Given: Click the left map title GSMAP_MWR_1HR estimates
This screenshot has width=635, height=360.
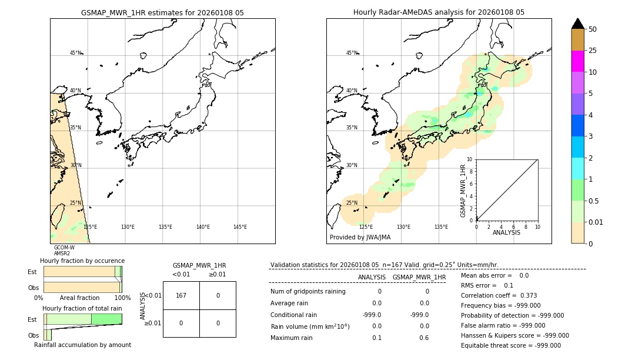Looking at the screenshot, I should [x=162, y=12].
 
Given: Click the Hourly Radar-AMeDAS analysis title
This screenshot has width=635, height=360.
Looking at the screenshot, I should [x=439, y=12].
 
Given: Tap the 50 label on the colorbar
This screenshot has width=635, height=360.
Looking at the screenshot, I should [x=593, y=29].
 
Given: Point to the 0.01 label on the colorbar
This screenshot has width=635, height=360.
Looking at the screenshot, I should [x=596, y=222].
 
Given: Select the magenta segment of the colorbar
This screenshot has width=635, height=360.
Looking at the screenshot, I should [x=577, y=61].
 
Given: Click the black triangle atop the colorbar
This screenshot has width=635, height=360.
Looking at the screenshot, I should [x=577, y=24].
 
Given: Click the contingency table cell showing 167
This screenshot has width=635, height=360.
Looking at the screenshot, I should [x=181, y=295].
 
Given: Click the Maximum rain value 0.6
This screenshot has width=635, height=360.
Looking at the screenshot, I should [x=424, y=338].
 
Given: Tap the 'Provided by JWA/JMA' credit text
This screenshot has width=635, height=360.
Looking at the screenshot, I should [x=360, y=238].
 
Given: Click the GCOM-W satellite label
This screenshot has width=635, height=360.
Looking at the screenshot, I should [x=64, y=248].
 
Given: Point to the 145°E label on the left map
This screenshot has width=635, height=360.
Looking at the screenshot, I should [x=240, y=227].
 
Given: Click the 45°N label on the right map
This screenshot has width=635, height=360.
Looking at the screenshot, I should [x=352, y=53].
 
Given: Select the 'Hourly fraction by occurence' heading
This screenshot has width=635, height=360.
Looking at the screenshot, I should [x=82, y=261].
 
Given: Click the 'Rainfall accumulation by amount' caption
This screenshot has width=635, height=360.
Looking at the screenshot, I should [x=82, y=345].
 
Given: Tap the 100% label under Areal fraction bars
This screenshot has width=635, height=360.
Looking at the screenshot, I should [x=122, y=298].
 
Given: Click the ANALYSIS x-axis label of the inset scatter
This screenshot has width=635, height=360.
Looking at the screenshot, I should [x=506, y=232].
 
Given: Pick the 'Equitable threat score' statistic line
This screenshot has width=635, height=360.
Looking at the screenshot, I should [x=510, y=345].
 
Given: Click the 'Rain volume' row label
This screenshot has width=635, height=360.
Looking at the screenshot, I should [x=310, y=326].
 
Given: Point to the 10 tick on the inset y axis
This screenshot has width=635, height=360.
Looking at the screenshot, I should [x=470, y=159].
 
